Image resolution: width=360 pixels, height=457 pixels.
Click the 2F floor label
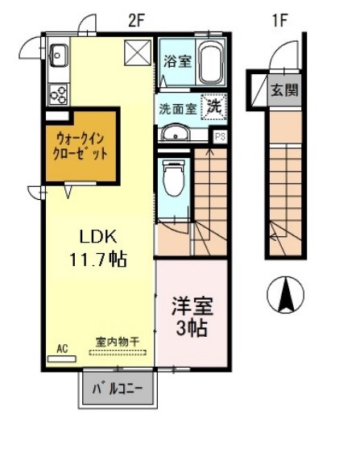click(135, 21)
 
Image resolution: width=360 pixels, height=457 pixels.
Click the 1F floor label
click(279, 21)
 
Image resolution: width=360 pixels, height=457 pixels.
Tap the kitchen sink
click(58, 56)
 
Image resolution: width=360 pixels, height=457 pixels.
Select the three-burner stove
click(58, 93)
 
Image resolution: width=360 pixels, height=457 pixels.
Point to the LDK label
click(98, 237)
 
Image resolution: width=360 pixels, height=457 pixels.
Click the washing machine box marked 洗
click(215, 105)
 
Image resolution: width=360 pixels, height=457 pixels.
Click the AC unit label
click(62, 348)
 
